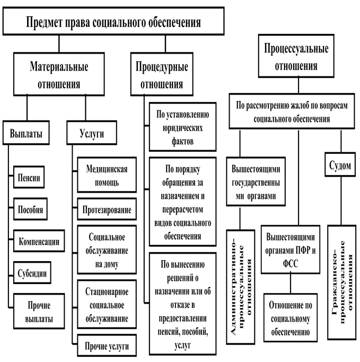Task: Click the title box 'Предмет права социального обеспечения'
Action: tap(114, 22)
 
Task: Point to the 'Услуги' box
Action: tap(92, 134)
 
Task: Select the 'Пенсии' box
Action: tap(28, 177)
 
